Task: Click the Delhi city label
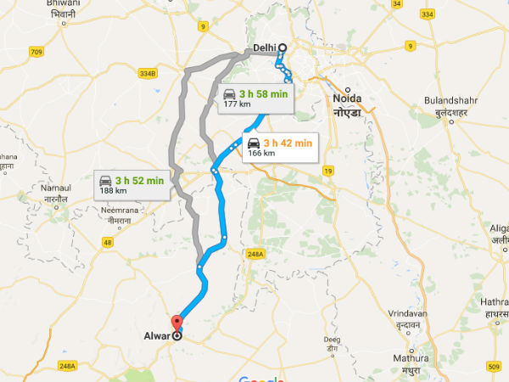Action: click(266, 48)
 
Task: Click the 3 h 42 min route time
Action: click(288, 143)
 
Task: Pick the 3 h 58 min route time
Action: click(264, 93)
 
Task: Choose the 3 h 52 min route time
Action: click(139, 180)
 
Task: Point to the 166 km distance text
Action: click(261, 154)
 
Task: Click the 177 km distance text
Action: click(237, 104)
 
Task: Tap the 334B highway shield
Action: click(148, 74)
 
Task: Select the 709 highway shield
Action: click(36, 52)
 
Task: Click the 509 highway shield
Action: click(495, 367)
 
